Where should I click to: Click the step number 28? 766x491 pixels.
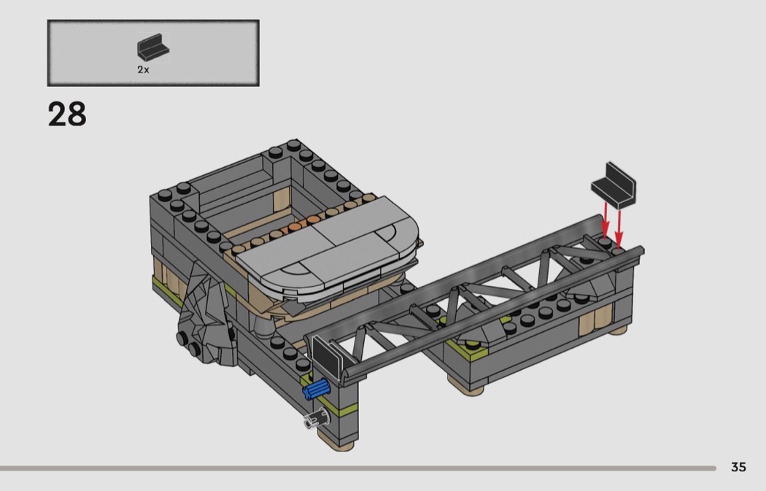tap(67, 115)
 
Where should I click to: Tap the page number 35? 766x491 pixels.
tap(738, 467)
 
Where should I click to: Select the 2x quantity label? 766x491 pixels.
tap(143, 70)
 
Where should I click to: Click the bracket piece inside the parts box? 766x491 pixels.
tap(152, 47)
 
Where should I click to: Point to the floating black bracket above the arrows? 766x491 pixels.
tap(614, 186)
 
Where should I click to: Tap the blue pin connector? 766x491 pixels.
tap(316, 390)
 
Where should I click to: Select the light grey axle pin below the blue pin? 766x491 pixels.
tap(317, 419)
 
